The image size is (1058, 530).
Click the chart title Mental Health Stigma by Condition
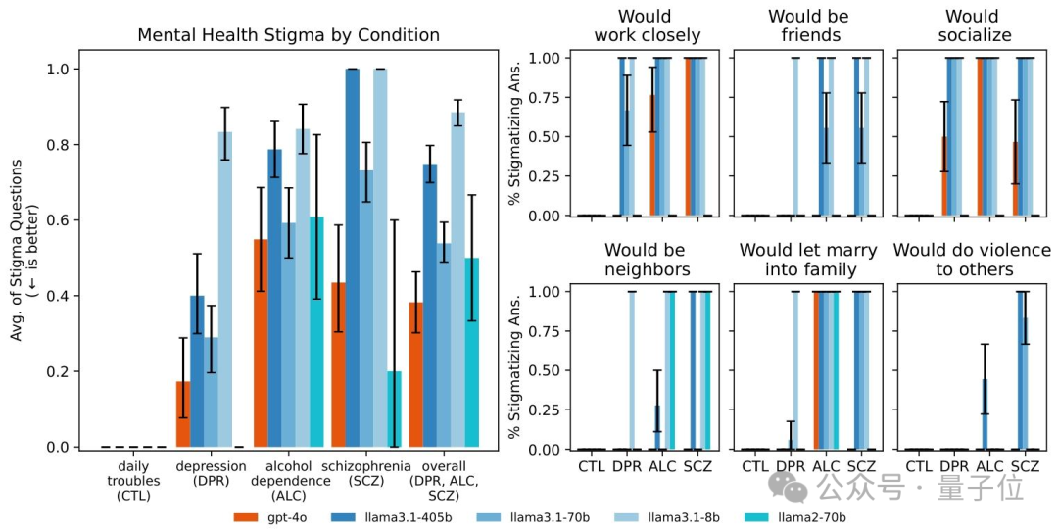288,35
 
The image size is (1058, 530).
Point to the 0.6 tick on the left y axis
62,220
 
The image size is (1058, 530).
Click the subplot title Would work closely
647,26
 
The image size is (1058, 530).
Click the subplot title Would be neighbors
647,261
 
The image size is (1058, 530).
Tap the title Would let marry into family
807,261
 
